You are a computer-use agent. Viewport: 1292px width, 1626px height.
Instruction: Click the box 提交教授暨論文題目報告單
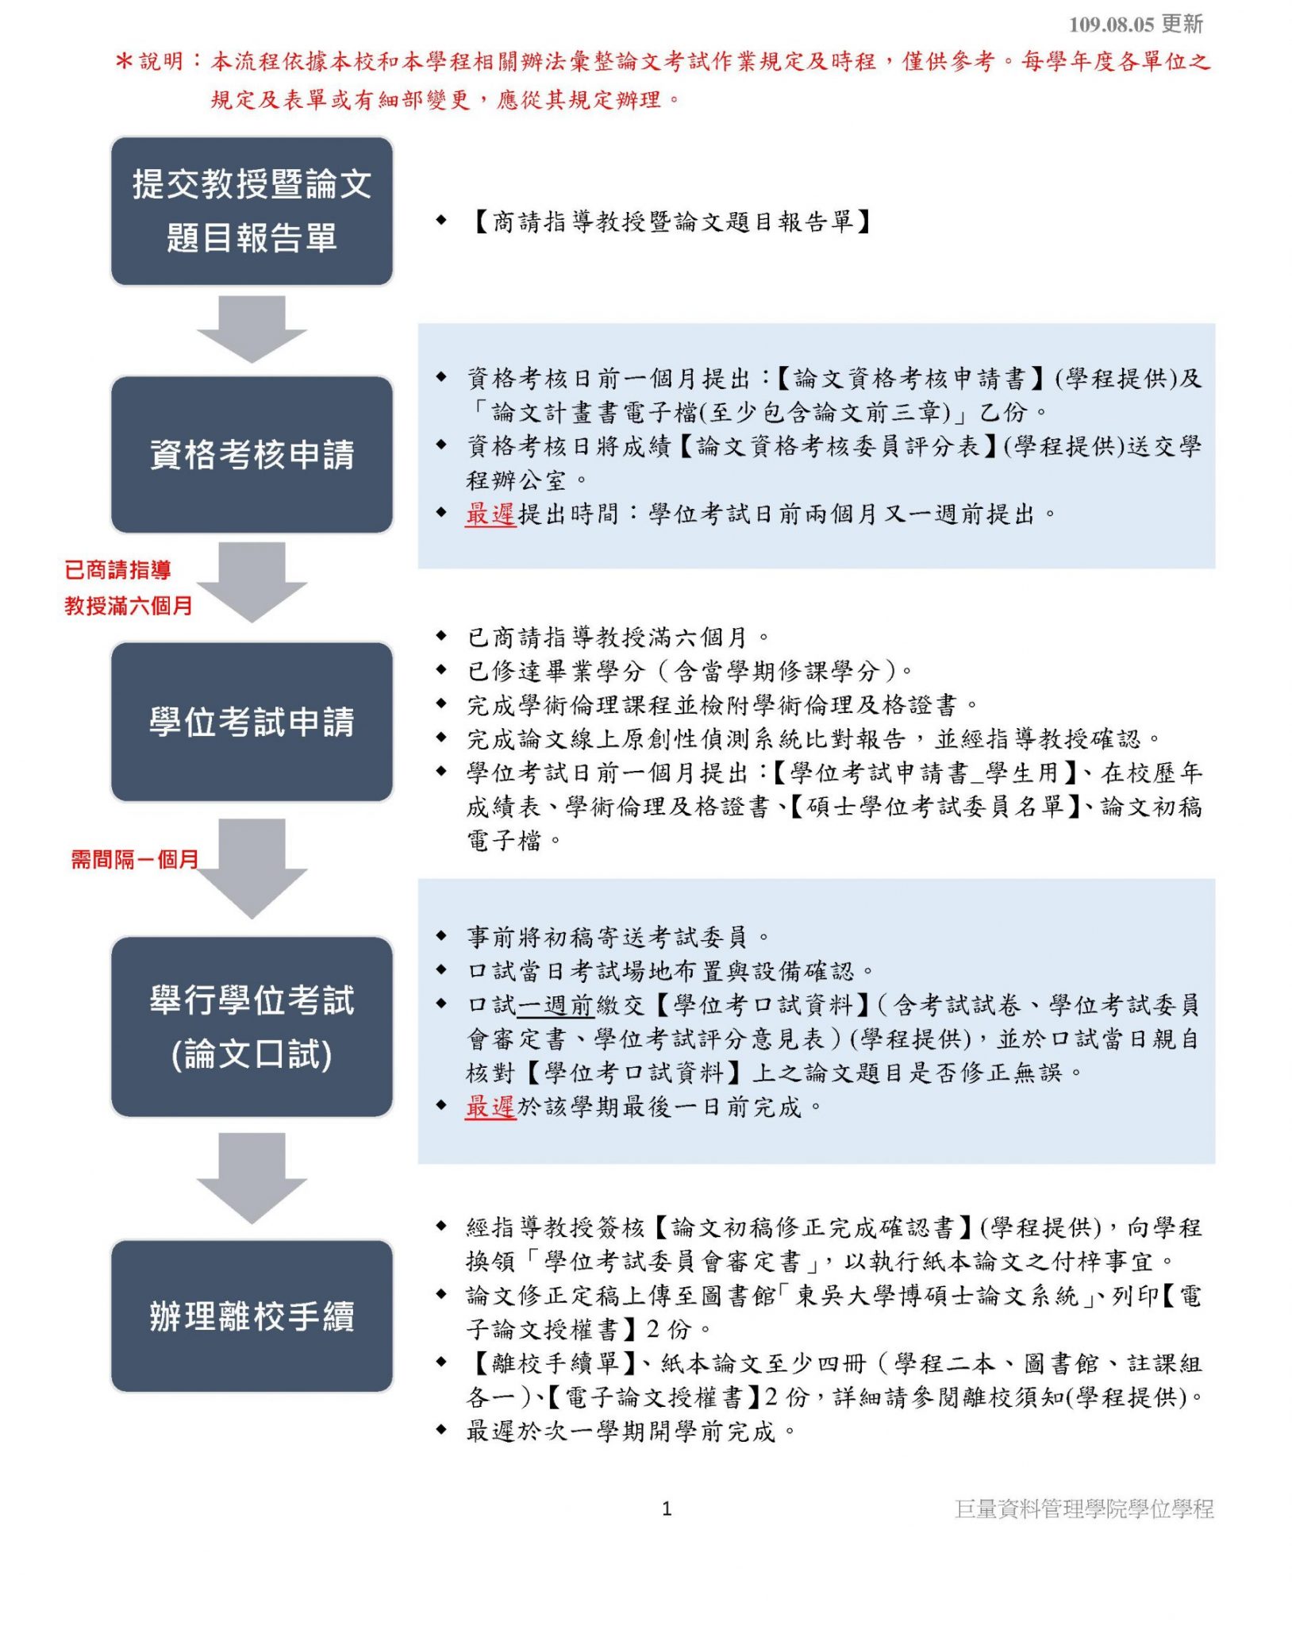coord(252,210)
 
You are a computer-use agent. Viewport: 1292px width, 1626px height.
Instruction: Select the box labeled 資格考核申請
coord(252,454)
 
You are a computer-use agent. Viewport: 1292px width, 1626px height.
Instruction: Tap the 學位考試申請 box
coord(252,722)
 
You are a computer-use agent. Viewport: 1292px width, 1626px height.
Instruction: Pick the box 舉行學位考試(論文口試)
coord(252,1027)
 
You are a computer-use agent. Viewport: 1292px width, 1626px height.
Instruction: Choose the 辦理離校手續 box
coord(252,1316)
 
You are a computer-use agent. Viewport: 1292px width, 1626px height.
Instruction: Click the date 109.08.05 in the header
coord(1111,25)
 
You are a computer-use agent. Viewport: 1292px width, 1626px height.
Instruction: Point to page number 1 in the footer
coord(667,1508)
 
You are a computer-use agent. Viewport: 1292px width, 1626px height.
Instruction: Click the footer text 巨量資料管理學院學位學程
coord(1084,1508)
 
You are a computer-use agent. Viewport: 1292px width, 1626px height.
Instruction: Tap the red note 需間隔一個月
coord(134,859)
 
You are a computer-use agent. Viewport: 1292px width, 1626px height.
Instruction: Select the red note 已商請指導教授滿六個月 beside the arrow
coord(129,588)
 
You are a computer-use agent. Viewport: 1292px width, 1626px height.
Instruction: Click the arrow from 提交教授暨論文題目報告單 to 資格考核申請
coord(252,329)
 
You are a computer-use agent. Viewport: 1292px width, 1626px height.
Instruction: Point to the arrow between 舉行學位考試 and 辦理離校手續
coord(252,1178)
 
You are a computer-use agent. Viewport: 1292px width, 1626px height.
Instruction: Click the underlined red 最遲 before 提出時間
coord(491,514)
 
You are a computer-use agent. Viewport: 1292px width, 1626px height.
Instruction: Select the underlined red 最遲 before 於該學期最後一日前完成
coord(491,1107)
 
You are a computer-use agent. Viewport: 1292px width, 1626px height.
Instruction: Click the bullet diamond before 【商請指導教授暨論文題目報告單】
coord(441,220)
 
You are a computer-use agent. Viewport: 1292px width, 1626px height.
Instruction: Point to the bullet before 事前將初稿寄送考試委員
coord(441,936)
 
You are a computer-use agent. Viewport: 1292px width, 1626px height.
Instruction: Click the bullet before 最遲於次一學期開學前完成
coord(441,1430)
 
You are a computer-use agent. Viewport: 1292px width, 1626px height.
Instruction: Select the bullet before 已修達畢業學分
coord(441,670)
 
